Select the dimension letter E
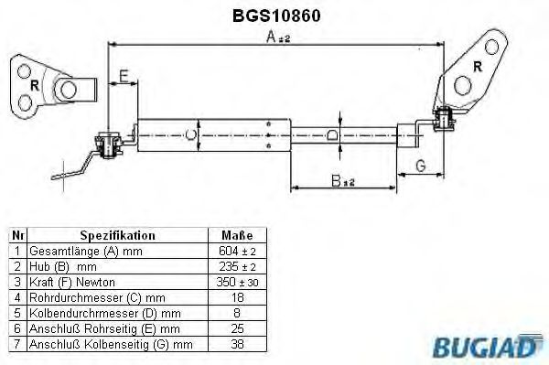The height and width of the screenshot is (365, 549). (x=123, y=78)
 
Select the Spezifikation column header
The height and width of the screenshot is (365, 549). (x=117, y=234)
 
